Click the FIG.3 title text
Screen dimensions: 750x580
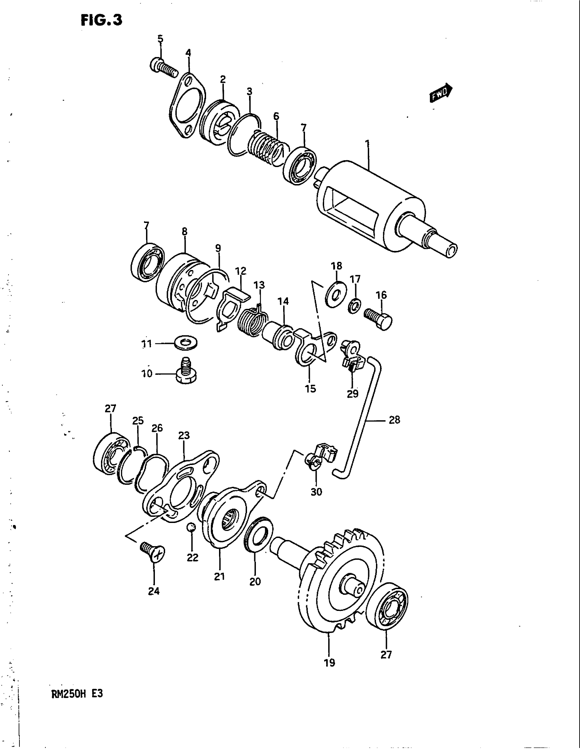tap(101, 20)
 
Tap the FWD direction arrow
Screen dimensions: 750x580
tap(441, 93)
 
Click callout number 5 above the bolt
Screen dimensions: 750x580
tap(160, 39)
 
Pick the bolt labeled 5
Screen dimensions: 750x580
tap(163, 67)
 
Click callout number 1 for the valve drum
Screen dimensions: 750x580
tap(368, 143)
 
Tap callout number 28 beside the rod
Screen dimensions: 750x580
tap(394, 420)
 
